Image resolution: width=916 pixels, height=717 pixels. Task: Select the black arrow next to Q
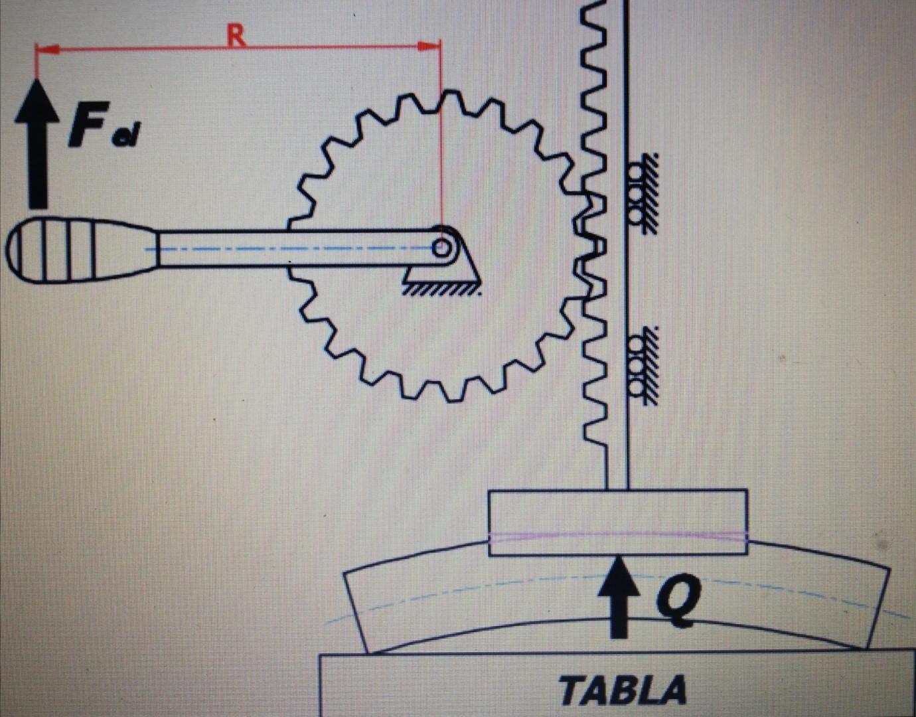(x=619, y=597)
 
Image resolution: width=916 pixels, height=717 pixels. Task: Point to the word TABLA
(x=622, y=690)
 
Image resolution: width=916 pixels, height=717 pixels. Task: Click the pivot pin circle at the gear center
(x=441, y=249)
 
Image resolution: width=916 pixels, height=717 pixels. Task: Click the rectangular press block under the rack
(x=617, y=521)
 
